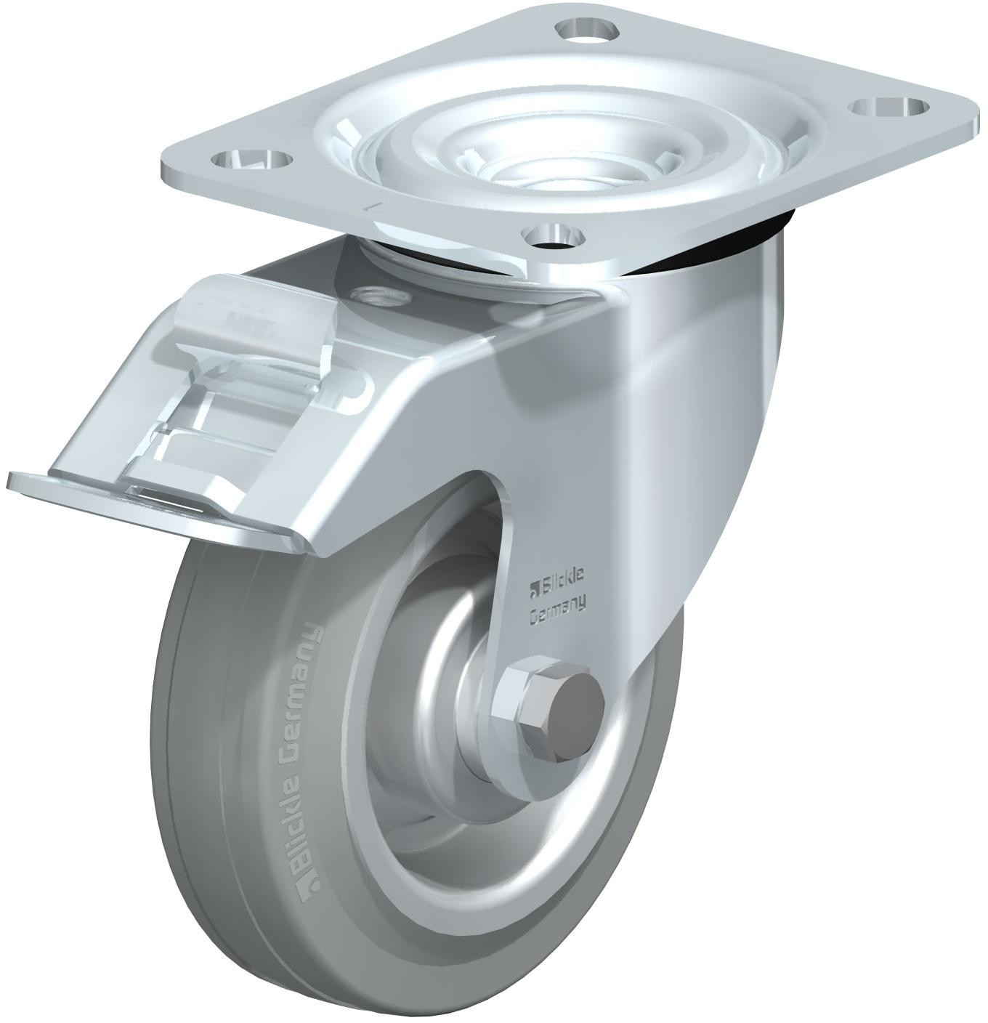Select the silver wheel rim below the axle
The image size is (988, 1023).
(465, 836)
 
